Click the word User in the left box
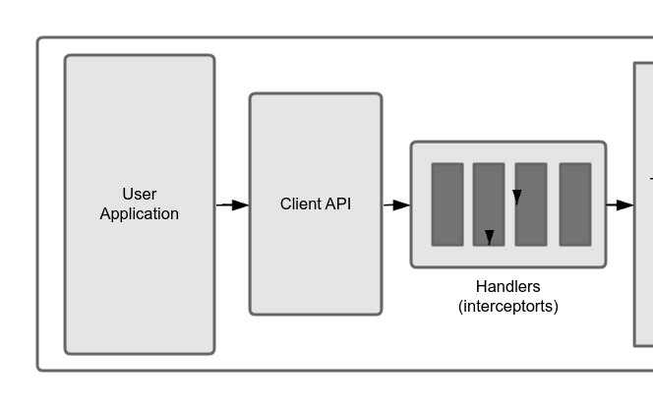pos(140,194)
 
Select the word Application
pos(140,213)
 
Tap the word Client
pos(300,204)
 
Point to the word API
pos(337,204)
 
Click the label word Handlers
pos(507,287)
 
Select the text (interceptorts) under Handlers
pos(507,306)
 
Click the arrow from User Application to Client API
pos(233,204)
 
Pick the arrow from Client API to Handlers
pos(396,204)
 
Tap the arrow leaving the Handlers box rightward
pos(620,204)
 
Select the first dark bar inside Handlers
pos(447,204)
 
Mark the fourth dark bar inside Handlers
pos(575,204)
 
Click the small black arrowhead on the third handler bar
pos(517,198)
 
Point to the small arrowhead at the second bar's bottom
pos(489,237)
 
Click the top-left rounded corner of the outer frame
pos(41,41)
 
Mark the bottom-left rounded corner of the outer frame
pos(41,367)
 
